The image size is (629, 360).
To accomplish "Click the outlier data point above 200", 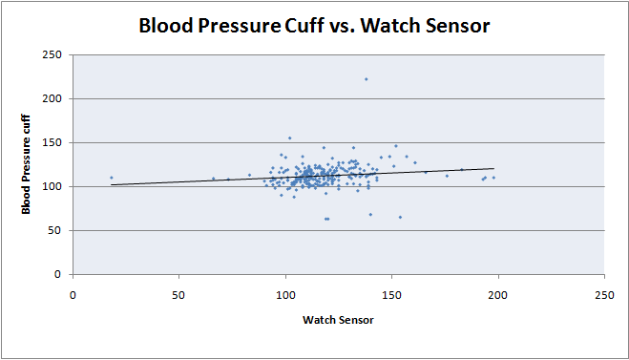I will coord(366,79).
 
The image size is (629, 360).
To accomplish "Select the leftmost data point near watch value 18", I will coord(111,178).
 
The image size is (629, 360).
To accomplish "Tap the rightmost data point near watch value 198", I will coord(493,178).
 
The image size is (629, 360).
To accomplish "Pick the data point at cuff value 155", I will coord(289,138).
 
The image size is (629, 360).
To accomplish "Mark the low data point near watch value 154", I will coord(400,217).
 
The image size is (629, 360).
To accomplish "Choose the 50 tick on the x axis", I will coord(178,293).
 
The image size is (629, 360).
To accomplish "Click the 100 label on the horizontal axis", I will coord(284,293).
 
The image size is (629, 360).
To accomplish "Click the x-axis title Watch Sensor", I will coord(338,318).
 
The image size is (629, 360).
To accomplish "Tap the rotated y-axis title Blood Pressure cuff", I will coord(27,164).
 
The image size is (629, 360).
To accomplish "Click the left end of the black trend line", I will coord(112,185).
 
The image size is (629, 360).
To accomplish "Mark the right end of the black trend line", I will coord(493,169).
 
